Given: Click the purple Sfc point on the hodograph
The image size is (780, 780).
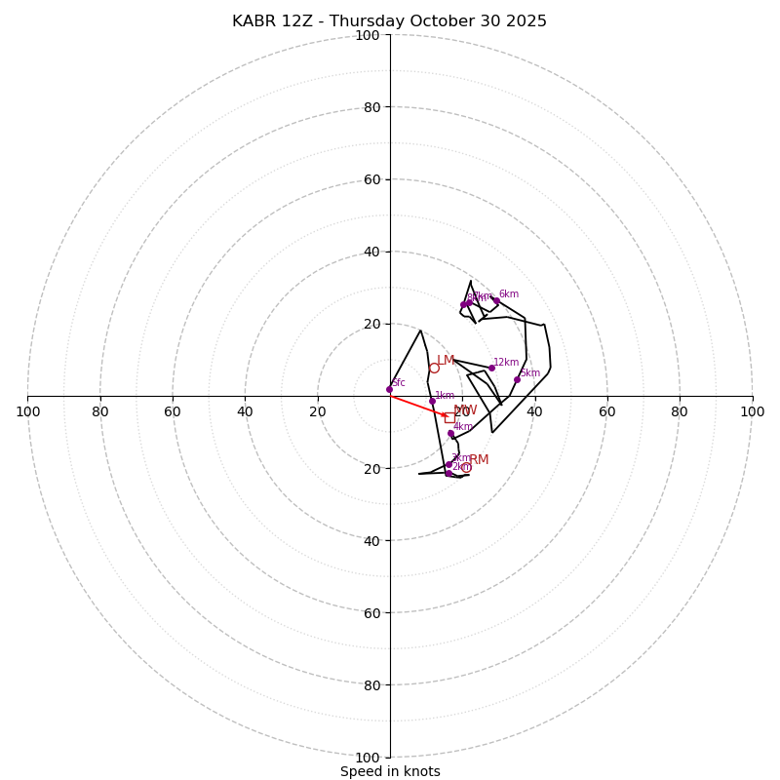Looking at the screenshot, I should click(x=389, y=389).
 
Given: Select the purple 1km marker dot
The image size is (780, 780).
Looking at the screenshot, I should click(x=432, y=401).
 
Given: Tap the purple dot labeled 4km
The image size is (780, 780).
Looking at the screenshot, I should click(x=450, y=433).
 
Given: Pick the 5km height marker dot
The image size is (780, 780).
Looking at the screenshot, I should click(x=517, y=379).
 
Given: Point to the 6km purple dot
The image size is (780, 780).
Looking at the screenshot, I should click(x=496, y=300).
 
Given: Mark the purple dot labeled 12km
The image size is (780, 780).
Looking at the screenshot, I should click(x=491, y=368).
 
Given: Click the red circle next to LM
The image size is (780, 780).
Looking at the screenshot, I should click(x=434, y=368).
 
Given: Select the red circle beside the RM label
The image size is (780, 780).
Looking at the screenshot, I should click(x=466, y=467).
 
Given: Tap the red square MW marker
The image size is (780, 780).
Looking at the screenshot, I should click(x=449, y=417).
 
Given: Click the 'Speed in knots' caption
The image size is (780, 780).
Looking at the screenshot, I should click(x=390, y=771).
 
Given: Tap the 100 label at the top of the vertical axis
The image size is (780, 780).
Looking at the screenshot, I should click(x=368, y=35).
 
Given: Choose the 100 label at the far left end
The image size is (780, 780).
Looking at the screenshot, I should click(x=27, y=411).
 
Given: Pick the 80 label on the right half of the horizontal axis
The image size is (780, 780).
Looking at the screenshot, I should click(x=680, y=411).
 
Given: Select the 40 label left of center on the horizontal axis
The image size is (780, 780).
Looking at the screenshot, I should click(x=245, y=411).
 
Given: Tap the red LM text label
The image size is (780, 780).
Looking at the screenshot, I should click(x=446, y=361).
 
